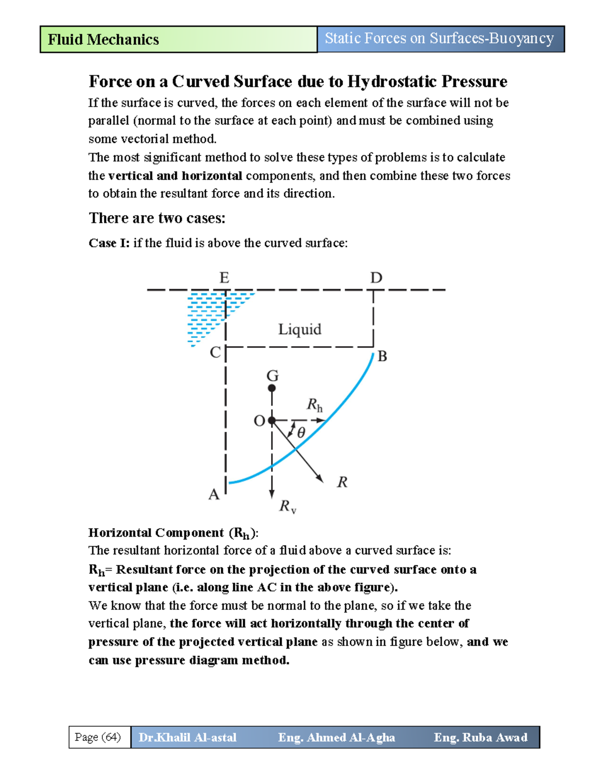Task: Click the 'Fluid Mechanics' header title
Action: (x=103, y=40)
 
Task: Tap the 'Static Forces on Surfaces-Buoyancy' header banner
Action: (x=439, y=39)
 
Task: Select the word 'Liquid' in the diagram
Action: (x=299, y=330)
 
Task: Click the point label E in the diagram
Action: (x=224, y=278)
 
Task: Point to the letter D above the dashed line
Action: (x=376, y=278)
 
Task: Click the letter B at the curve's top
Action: (x=382, y=357)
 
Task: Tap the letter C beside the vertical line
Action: (x=215, y=353)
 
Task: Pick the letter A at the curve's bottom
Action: (x=214, y=495)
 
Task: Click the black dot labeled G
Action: (x=272, y=388)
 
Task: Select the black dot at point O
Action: (x=271, y=420)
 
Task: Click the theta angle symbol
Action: (x=301, y=433)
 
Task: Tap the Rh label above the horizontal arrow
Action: (x=315, y=405)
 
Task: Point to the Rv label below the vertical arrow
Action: (x=287, y=506)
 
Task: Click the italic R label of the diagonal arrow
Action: (x=342, y=483)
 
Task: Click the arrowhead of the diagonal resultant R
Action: (x=320, y=479)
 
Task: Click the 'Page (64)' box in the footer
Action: (x=98, y=737)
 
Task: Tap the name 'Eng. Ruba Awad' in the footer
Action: (x=481, y=737)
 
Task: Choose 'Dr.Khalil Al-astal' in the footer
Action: (x=188, y=737)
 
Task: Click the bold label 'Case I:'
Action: (x=109, y=243)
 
